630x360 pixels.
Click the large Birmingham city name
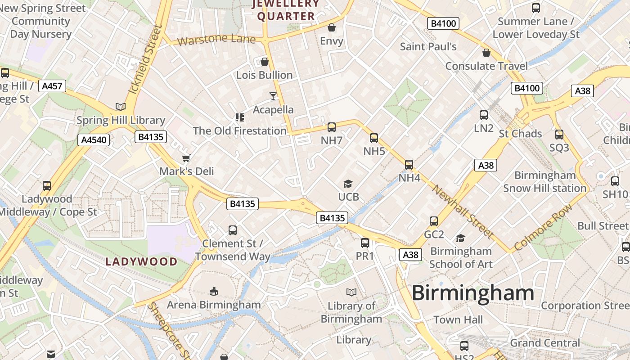pyautogui.click(x=472, y=293)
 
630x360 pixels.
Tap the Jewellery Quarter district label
pyautogui.click(x=286, y=10)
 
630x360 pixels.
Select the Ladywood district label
pyautogui.click(x=141, y=261)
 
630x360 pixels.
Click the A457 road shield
pyautogui.click(x=52, y=86)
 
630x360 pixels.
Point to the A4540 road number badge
pyautogui.click(x=94, y=140)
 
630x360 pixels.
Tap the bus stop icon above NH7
pyautogui.click(x=332, y=127)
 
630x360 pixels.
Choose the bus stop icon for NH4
pyautogui.click(x=409, y=165)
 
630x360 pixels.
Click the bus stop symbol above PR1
pyautogui.click(x=365, y=243)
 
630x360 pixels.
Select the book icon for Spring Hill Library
pyautogui.click(x=120, y=107)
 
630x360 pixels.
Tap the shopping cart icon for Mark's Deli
pyautogui.click(x=186, y=158)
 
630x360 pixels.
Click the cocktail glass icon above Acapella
pyautogui.click(x=273, y=96)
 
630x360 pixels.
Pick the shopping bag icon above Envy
pyautogui.click(x=332, y=27)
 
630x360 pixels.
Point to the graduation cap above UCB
pyautogui.click(x=348, y=184)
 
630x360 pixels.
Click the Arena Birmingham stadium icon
pyautogui.click(x=214, y=292)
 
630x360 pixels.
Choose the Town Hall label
pyautogui.click(x=458, y=320)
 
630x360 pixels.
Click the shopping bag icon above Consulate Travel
pyautogui.click(x=486, y=53)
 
